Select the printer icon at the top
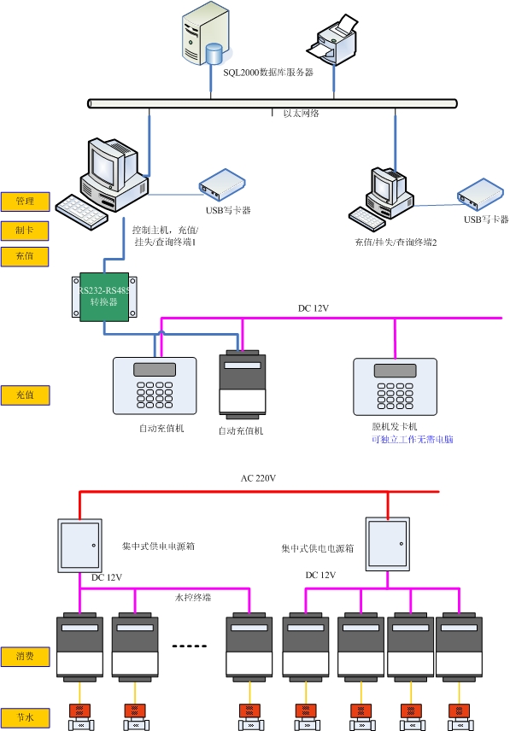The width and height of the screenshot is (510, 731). click(x=336, y=38)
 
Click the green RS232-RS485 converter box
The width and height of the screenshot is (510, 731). click(x=104, y=295)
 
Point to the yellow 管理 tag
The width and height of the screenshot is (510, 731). click(x=25, y=202)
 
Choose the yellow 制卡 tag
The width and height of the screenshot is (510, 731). click(x=25, y=231)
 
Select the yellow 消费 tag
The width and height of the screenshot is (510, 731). click(x=25, y=657)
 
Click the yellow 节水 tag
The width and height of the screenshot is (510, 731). click(x=25, y=717)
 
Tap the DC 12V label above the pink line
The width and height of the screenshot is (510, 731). click(x=314, y=308)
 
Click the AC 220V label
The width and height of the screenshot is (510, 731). click(x=258, y=478)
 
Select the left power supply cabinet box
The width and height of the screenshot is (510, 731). click(x=80, y=545)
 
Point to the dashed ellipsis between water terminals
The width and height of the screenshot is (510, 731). click(x=191, y=646)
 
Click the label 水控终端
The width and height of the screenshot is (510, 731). click(x=192, y=598)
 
